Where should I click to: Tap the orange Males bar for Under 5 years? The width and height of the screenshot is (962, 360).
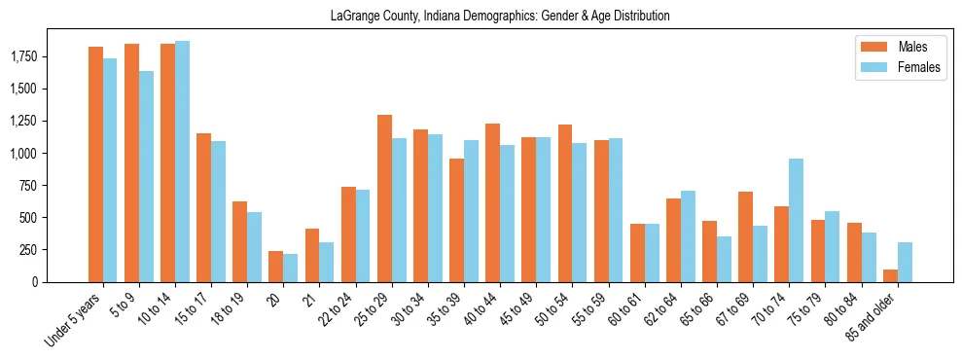pyautogui.click(x=95, y=164)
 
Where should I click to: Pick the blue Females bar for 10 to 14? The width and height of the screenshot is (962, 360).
pyautogui.click(x=182, y=162)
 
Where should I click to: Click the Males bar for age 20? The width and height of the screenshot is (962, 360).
pyautogui.click(x=275, y=267)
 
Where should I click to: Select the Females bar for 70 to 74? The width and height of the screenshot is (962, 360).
pyautogui.click(x=796, y=220)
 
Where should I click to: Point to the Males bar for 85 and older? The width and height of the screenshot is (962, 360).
pyautogui.click(x=890, y=275)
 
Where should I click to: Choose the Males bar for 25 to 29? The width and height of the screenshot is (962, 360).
pyautogui.click(x=384, y=198)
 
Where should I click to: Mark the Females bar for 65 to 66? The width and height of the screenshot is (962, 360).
pyautogui.click(x=724, y=259)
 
